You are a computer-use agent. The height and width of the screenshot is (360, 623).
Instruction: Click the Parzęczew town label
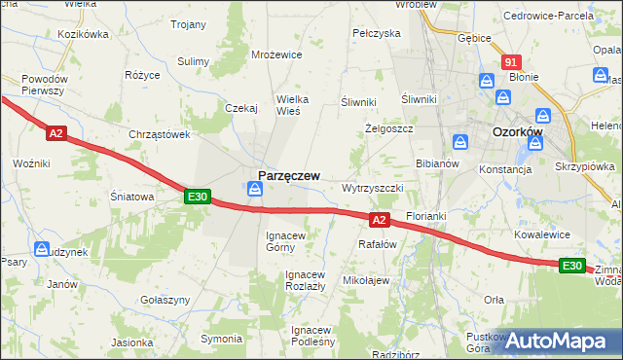(289, 173)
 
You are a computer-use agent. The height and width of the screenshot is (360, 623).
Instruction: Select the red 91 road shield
(513, 61)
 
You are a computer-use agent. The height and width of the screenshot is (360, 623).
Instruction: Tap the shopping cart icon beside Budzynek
(42, 249)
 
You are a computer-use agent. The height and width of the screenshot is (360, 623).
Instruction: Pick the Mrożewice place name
(277, 55)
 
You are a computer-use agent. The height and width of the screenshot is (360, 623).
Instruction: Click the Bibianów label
(437, 163)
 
